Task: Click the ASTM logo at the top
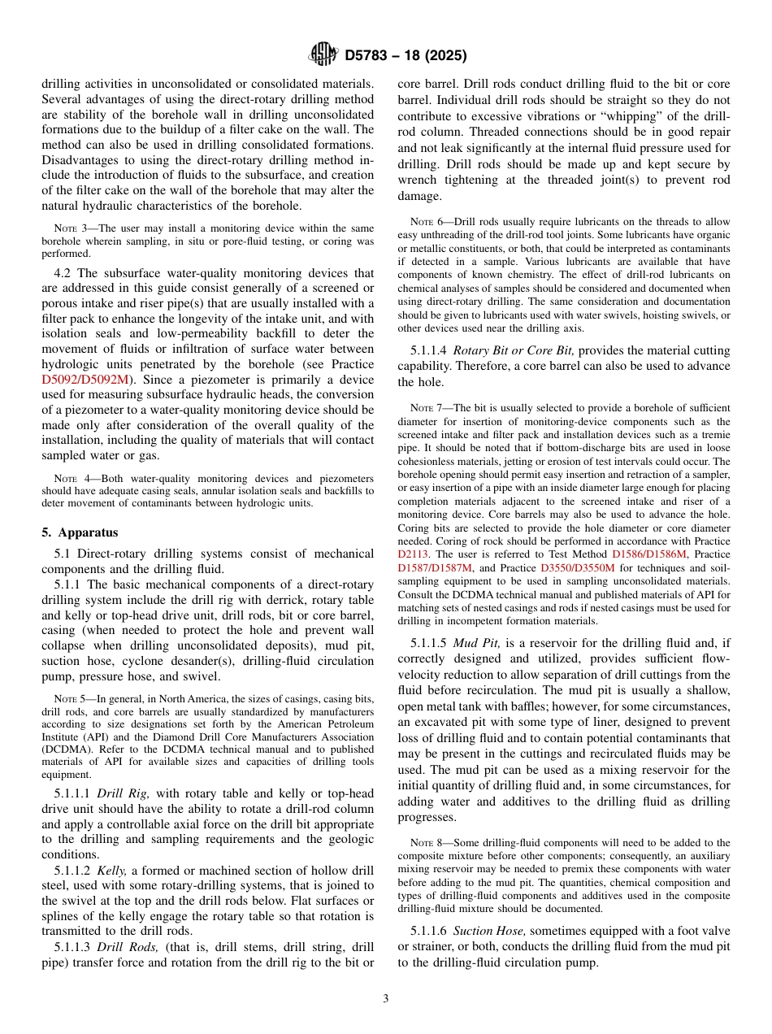tap(323, 55)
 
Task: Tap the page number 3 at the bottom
tap(386, 999)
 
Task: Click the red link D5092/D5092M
tap(83, 379)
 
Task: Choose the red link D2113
tap(413, 554)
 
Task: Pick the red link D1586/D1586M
tap(649, 554)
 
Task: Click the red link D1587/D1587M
tap(436, 567)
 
